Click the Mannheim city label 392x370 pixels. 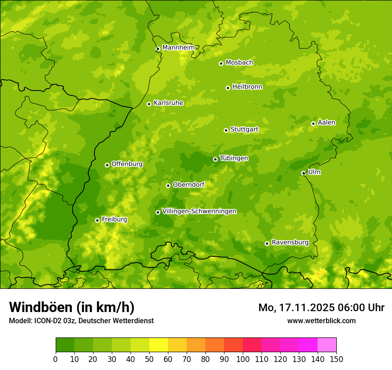(x=179, y=48)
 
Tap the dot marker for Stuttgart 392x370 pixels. (x=226, y=130)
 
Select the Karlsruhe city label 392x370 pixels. (x=168, y=103)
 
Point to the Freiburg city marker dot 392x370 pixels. (x=97, y=220)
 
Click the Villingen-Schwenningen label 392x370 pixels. (x=200, y=211)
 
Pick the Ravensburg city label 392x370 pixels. (x=290, y=243)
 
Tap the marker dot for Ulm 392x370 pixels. (x=303, y=173)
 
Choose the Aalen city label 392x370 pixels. (x=327, y=123)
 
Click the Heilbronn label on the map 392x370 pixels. (x=247, y=87)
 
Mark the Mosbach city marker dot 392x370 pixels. (x=221, y=63)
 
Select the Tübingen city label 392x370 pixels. (x=234, y=158)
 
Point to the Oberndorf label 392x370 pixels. (x=188, y=185)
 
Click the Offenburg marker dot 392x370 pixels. (x=107, y=165)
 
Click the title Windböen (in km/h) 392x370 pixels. (x=72, y=307)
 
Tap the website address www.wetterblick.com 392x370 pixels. (x=321, y=321)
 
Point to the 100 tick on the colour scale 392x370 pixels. (x=243, y=359)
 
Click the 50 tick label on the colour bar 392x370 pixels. (x=149, y=359)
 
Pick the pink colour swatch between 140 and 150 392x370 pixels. (x=327, y=345)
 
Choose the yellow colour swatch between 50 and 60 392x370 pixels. (x=159, y=345)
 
